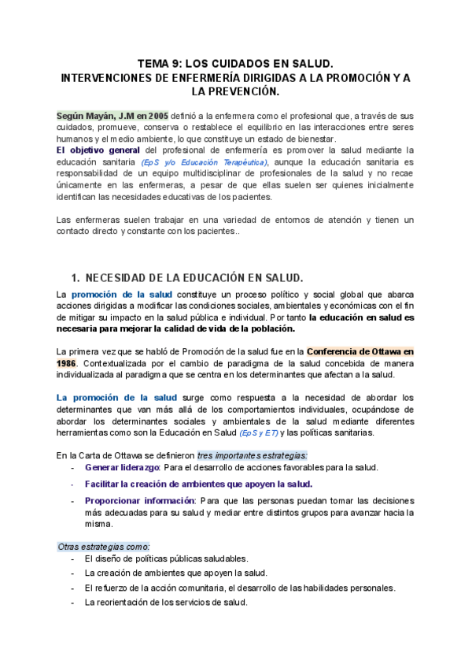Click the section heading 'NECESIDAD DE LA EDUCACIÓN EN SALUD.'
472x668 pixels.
[x=194, y=277]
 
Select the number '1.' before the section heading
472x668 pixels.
[x=76, y=277]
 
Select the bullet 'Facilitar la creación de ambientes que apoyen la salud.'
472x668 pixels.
[x=198, y=484]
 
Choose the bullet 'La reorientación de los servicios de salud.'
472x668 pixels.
[x=166, y=603]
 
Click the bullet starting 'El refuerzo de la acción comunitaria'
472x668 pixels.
[x=240, y=588]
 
